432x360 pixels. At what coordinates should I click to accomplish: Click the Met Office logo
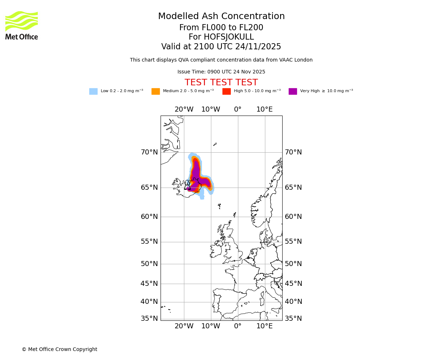[x=22, y=25]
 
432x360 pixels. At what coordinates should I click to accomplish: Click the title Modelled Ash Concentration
[x=221, y=17]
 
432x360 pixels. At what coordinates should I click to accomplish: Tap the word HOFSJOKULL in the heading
[x=229, y=37]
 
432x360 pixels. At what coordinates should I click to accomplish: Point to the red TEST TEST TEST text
[x=221, y=83]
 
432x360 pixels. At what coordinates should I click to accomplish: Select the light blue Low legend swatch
[x=93, y=91]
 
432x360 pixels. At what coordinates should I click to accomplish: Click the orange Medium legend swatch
[x=156, y=91]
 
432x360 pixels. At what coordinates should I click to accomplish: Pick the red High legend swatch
[x=226, y=91]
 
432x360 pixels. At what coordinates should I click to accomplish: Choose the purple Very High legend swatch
[x=293, y=91]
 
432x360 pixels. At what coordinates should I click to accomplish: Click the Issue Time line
[x=221, y=72]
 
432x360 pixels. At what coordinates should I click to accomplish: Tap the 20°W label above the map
[x=184, y=109]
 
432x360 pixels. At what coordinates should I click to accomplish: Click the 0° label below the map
[x=238, y=326]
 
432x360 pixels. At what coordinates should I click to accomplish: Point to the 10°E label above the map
[x=264, y=109]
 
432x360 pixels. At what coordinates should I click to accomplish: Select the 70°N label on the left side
[x=149, y=152]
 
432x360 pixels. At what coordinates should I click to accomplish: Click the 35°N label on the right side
[x=293, y=319]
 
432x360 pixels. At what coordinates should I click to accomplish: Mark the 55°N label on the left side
[x=149, y=242]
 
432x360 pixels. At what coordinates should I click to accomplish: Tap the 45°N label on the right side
[x=293, y=284]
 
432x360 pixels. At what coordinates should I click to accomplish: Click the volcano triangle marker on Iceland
[x=187, y=186]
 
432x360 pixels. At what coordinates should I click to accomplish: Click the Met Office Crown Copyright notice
[x=59, y=350]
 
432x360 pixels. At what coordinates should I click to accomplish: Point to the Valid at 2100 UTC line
[x=221, y=47]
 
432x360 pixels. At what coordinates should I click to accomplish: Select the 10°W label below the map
[x=211, y=326]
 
